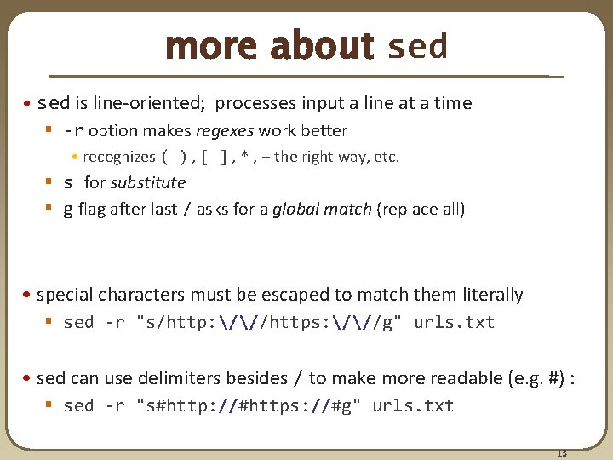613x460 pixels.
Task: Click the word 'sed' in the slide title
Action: [417, 47]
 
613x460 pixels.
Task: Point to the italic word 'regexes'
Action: [226, 130]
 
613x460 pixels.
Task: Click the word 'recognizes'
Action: [119, 157]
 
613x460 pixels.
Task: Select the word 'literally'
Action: [491, 295]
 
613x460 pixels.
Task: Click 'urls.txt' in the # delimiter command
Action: [413, 405]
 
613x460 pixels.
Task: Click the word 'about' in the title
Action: [321, 47]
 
